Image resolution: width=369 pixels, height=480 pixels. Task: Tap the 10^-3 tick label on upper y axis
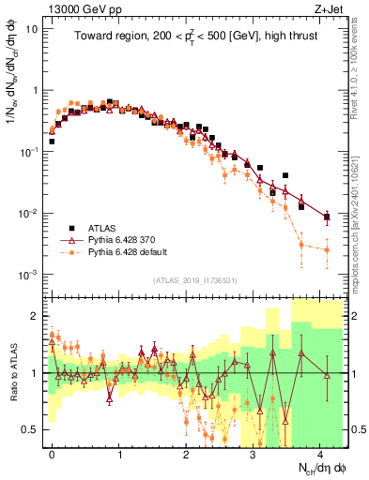[x=30, y=275]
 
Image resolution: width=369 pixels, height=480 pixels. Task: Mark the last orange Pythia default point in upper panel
[x=327, y=250]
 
